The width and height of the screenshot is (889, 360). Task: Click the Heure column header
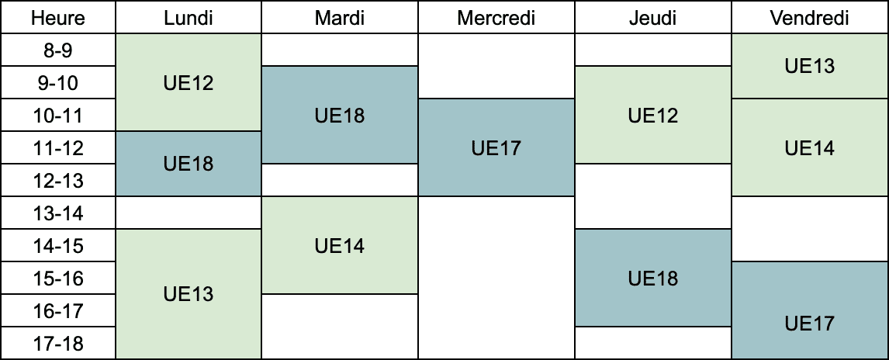[58, 17]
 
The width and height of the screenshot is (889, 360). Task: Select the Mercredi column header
[496, 17]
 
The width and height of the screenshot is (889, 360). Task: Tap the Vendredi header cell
[810, 17]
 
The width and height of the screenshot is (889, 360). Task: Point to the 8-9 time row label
[58, 50]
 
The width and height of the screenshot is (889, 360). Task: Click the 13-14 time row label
[58, 213]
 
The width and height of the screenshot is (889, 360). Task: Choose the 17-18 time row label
[58, 344]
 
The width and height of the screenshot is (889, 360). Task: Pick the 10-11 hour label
[58, 115]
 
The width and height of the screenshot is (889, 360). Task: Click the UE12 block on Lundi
[189, 82]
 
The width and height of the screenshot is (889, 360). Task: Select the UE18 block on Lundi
[189, 164]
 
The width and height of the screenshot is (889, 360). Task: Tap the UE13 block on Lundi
[189, 294]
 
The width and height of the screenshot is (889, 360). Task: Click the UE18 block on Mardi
[341, 115]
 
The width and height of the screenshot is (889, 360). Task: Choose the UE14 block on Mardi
[341, 245]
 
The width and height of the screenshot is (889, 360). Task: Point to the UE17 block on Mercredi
[496, 147]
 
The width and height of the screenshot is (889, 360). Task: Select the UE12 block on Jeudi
[653, 115]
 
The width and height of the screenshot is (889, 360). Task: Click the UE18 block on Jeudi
[653, 278]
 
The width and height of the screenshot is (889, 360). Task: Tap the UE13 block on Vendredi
[810, 66]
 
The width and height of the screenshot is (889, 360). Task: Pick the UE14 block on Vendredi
[810, 147]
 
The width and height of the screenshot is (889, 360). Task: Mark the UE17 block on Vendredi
[810, 310]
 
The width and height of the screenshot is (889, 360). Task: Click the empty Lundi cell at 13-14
[189, 213]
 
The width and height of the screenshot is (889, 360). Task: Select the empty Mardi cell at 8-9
[341, 50]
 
